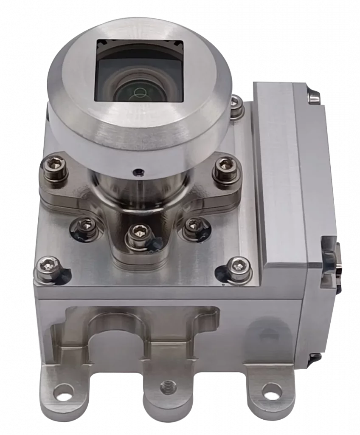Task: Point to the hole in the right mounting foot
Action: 267,389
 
